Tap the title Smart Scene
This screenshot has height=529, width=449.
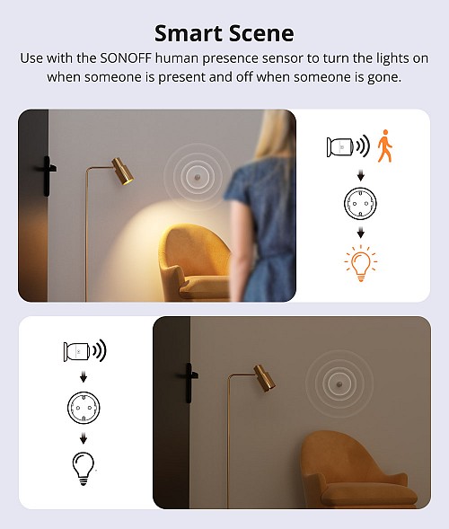[224, 33]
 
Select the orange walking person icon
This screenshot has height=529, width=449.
[384, 146]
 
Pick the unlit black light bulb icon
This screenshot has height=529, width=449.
[83, 468]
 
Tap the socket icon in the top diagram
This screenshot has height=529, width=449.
[360, 205]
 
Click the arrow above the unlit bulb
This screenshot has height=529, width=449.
[83, 438]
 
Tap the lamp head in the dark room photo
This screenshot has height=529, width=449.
[262, 376]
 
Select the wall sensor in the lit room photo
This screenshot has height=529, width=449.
[194, 178]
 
